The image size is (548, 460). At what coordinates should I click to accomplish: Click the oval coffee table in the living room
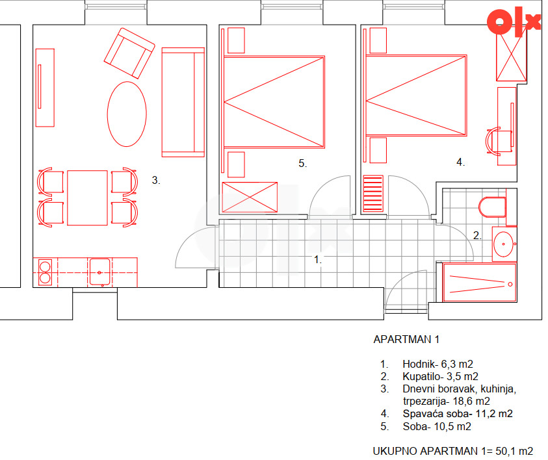coord(127,114)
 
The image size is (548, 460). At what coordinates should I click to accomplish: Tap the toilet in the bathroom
coord(492,207)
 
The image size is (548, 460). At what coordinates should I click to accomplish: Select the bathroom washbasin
coord(504,244)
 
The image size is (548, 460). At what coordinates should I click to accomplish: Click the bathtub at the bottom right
coord(480,283)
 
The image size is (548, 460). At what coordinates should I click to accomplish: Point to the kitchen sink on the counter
coord(99,272)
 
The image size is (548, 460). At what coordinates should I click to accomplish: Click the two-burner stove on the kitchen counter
coord(45,272)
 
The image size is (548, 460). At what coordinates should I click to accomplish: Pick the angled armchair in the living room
coord(129,53)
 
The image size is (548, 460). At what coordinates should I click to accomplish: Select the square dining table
coord(87,198)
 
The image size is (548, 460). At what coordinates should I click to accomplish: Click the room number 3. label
coord(156,180)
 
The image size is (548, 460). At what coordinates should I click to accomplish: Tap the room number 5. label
coord(303,163)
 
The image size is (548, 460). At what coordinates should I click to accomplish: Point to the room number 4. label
coord(461,162)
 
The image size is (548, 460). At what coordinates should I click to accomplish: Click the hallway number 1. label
coord(318,259)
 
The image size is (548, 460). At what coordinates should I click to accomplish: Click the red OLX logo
coord(514,21)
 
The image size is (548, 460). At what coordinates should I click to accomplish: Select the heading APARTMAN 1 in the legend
coord(406,339)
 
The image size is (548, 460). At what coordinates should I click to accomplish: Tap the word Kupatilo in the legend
coord(421,377)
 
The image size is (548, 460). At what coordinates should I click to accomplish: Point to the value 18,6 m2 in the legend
coord(471,401)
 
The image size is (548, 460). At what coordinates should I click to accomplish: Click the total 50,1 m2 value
coord(514,452)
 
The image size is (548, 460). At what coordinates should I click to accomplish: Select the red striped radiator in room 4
coord(373,194)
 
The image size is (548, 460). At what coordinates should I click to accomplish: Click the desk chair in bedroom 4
coord(498,142)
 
